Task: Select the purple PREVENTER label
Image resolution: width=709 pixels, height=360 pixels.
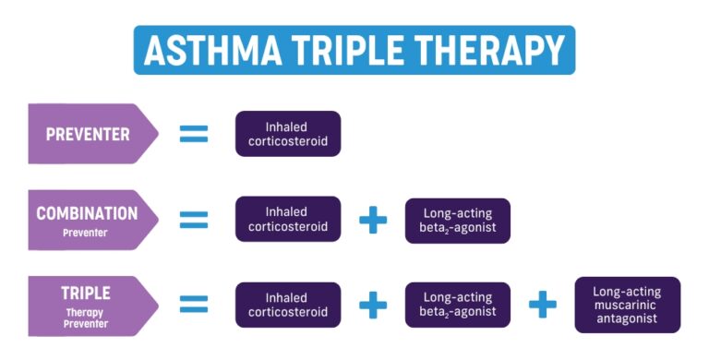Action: pos(89,134)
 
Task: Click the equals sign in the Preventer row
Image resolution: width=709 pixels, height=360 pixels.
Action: pos(194,134)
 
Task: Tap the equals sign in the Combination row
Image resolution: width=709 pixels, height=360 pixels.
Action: pos(194,220)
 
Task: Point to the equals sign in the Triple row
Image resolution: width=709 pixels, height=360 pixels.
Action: pos(194,306)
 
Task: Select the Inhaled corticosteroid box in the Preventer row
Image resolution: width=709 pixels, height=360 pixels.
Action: pos(288,134)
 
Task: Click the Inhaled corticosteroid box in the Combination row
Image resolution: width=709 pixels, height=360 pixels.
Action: pos(288,220)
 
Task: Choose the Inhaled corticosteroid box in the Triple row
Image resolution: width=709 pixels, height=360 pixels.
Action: pos(288,306)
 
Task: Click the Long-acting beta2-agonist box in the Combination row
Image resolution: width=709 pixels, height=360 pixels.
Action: pos(458,220)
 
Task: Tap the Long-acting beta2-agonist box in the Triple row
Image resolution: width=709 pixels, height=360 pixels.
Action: pos(458,306)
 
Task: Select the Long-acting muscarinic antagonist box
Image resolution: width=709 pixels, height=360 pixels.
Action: pos(628,305)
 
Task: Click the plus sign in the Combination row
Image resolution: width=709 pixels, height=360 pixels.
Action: pos(373,220)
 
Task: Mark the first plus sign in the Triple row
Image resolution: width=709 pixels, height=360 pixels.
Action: pos(373,306)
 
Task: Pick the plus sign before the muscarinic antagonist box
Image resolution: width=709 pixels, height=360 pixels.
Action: pos(543,306)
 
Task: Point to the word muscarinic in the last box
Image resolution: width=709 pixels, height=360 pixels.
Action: pos(628,305)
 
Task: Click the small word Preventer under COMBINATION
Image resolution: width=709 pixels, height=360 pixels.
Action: pos(86,233)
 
